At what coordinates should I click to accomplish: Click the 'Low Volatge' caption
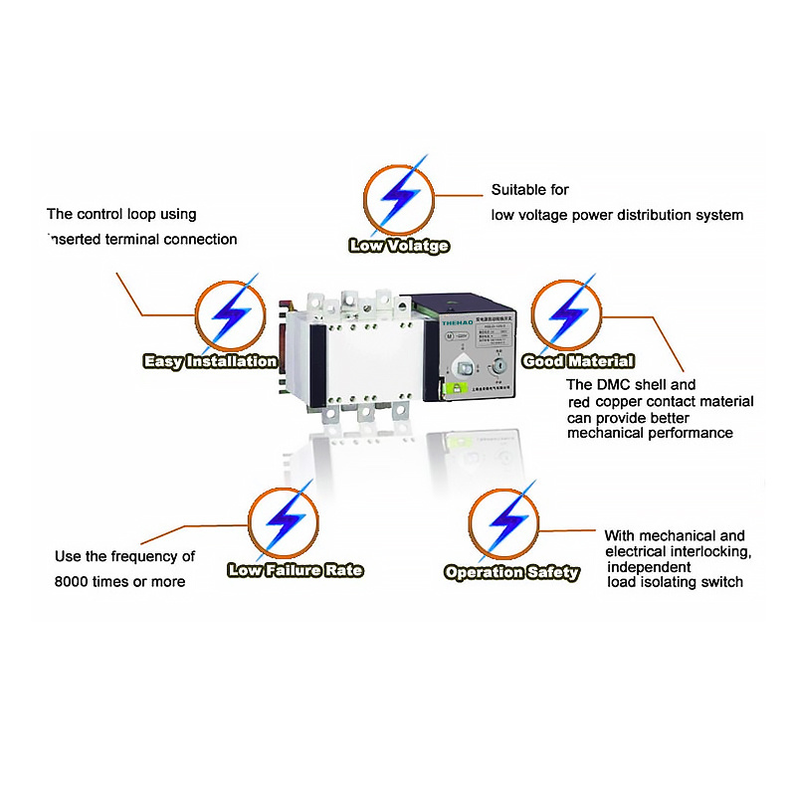pyautogui.click(x=399, y=246)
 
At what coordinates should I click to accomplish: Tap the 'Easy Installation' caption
pyautogui.click(x=210, y=361)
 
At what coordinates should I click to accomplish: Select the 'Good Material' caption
pyautogui.click(x=578, y=361)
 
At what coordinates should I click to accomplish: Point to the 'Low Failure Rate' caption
pyautogui.click(x=296, y=570)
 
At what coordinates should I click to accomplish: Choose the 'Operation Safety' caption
pyautogui.click(x=511, y=572)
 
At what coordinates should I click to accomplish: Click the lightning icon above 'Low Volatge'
pyautogui.click(x=398, y=196)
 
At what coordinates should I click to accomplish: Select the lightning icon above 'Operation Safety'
pyautogui.click(x=506, y=523)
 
